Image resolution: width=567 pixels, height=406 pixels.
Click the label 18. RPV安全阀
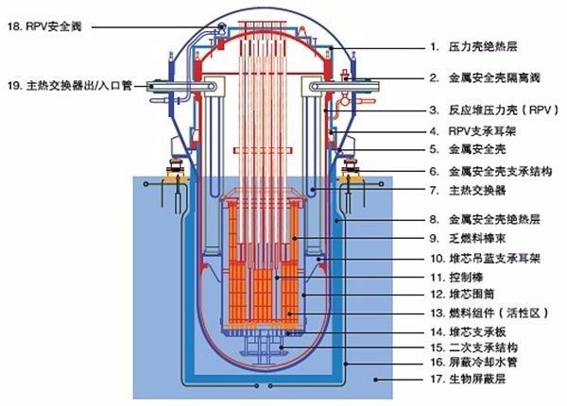47,26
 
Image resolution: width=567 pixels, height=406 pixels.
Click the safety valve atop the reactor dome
220,25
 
